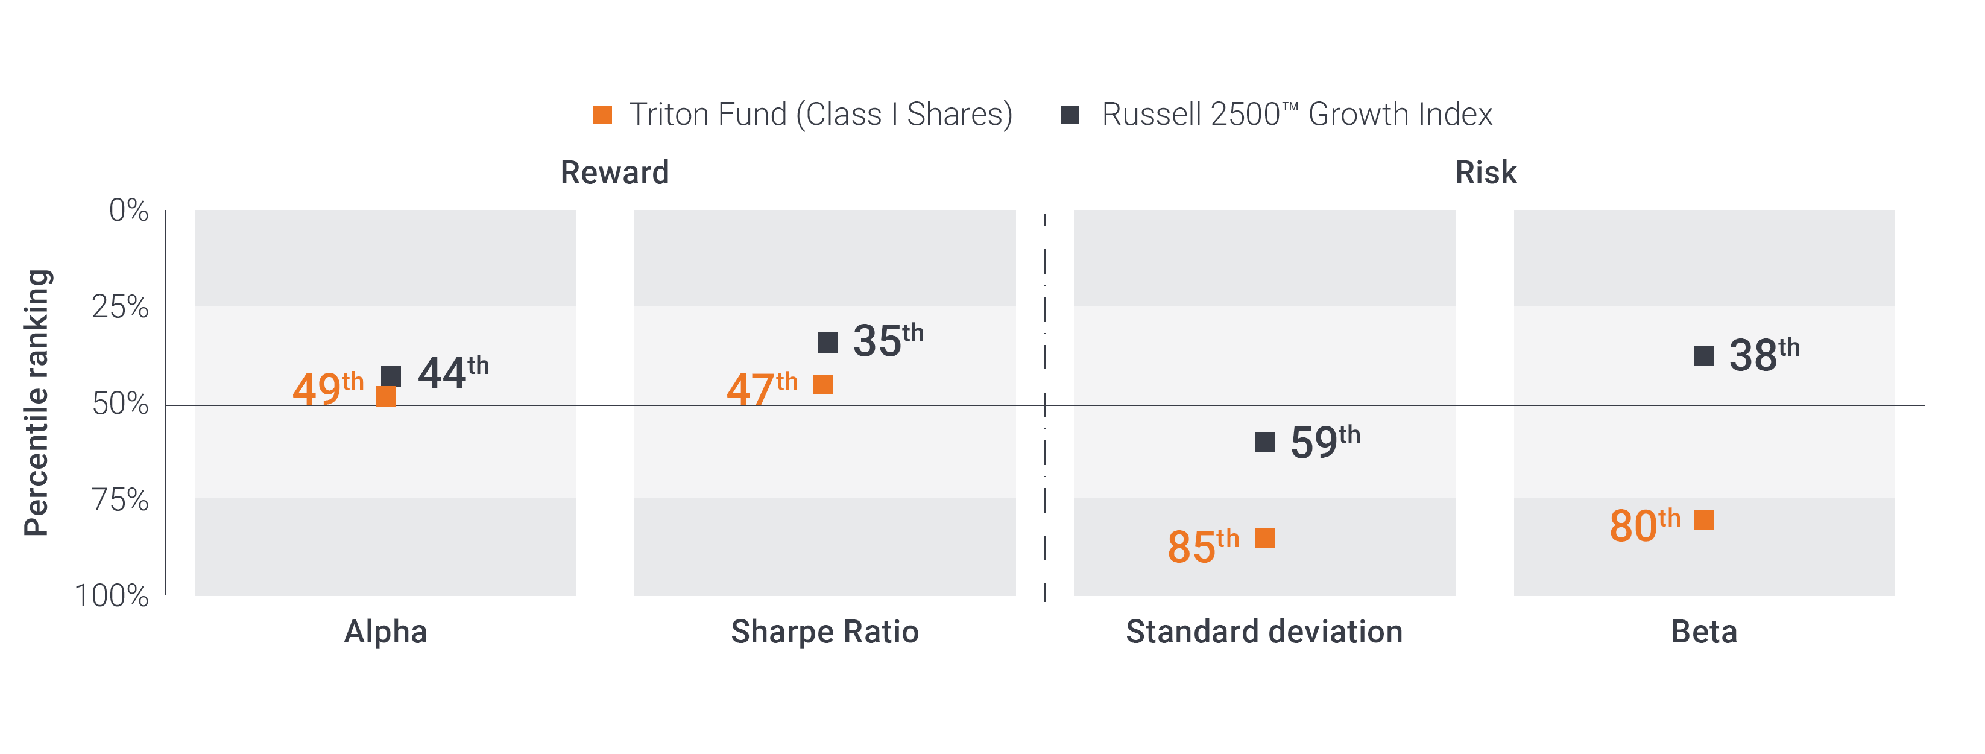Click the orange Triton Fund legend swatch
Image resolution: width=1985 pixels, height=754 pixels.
tap(602, 115)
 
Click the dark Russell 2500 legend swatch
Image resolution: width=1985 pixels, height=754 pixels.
tap(1070, 115)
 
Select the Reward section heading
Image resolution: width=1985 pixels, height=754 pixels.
tap(614, 173)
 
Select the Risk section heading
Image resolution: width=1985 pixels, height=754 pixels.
tap(1485, 173)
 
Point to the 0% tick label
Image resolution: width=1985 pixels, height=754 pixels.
tap(128, 210)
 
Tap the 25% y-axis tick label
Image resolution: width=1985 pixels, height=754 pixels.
tap(119, 307)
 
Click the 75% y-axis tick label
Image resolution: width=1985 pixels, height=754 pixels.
tap(119, 499)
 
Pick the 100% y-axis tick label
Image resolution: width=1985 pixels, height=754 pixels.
tap(112, 595)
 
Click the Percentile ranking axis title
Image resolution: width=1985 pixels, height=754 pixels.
tap(36, 402)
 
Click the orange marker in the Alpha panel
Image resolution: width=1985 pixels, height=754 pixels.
tap(385, 396)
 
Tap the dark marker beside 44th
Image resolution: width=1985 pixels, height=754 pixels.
tap(391, 376)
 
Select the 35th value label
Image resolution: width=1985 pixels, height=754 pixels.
tap(887, 340)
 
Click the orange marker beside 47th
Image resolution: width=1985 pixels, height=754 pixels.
tap(823, 385)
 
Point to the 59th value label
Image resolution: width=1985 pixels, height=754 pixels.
tap(1325, 442)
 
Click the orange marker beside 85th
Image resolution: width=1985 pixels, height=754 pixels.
tap(1264, 538)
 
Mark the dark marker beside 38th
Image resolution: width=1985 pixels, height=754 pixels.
tap(1704, 356)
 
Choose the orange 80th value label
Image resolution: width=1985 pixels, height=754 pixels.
tap(1644, 525)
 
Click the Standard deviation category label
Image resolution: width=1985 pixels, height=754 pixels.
tap(1264, 632)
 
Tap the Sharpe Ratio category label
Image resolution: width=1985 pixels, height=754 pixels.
tap(824, 632)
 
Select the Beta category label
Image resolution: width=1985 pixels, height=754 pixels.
tap(1704, 632)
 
